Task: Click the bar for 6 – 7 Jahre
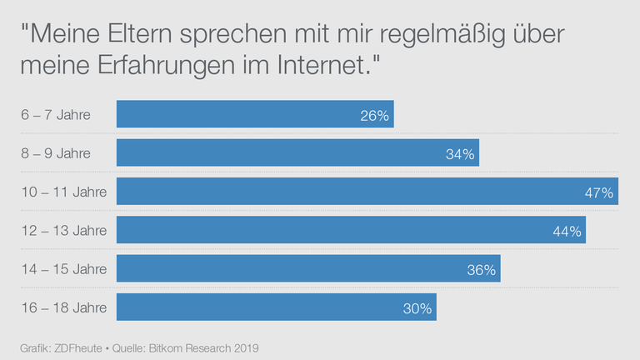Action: (x=254, y=115)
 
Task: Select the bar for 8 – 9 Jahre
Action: (x=297, y=153)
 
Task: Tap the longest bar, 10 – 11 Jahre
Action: (x=367, y=192)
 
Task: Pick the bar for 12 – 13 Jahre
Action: (x=350, y=230)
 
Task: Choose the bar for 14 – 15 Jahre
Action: (x=307, y=268)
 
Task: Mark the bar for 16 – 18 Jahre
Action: (x=276, y=307)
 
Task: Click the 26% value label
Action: (x=374, y=116)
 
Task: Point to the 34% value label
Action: (x=459, y=154)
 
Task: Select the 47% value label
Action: (x=599, y=192)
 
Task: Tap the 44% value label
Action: (x=567, y=231)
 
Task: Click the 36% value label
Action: (x=481, y=269)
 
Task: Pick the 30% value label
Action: (x=417, y=308)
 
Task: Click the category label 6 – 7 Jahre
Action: (x=56, y=115)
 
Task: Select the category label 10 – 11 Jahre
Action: (x=63, y=192)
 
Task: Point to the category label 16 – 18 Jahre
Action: (x=63, y=307)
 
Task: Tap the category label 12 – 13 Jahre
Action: (x=63, y=230)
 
